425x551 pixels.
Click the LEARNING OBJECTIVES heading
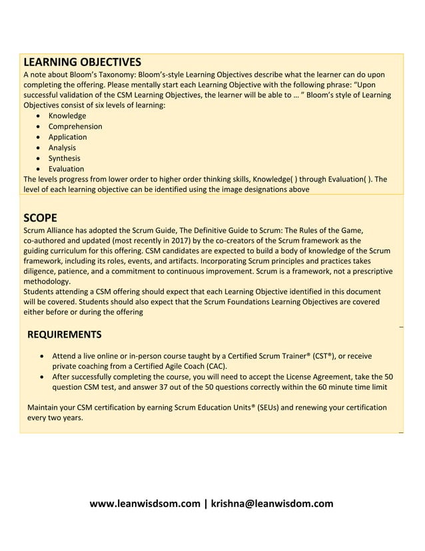tap(82, 62)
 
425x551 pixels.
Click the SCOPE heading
tap(40, 217)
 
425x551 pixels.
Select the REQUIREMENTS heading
tap(65, 334)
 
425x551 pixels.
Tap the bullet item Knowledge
tap(67, 115)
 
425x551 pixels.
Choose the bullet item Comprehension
tap(75, 126)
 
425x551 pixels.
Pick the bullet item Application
tap(67, 137)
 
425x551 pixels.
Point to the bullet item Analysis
tap(62, 147)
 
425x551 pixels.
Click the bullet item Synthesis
tap(64, 158)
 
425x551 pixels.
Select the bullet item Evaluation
tap(66, 169)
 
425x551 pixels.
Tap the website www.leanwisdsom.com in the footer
tap(145, 504)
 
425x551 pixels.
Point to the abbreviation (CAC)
tap(213, 366)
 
